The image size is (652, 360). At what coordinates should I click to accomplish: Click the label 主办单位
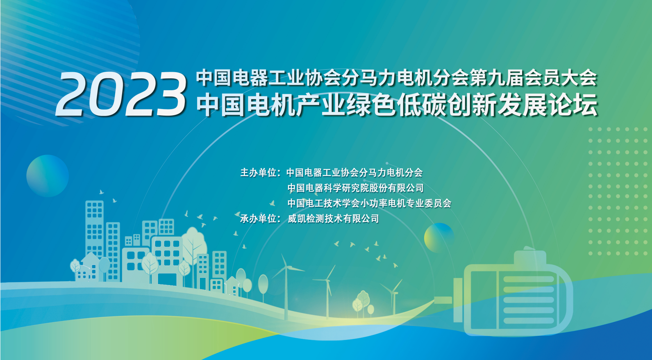point(258,173)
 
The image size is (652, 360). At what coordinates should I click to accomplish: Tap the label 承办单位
point(258,219)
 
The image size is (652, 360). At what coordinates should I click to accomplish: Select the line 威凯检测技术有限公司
point(333,219)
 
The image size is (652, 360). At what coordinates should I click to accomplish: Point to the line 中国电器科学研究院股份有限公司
point(355,188)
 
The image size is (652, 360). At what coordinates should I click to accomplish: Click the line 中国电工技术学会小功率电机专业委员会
point(369,203)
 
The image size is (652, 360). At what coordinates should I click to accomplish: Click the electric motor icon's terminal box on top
point(530,256)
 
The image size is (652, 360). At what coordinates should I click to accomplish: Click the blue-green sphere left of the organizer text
point(48,176)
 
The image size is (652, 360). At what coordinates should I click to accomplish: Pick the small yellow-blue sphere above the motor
point(439,238)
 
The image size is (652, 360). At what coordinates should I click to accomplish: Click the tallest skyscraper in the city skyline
point(94,230)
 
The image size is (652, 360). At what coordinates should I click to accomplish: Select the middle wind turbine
point(327,291)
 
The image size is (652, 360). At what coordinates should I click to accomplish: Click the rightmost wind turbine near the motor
point(393,296)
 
